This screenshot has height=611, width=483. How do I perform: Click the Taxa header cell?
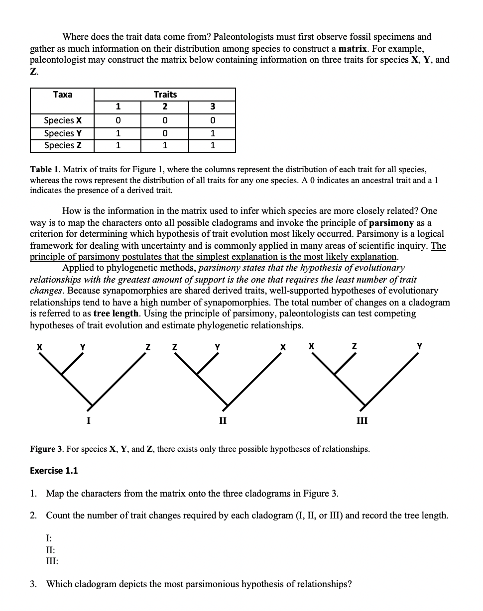pyautogui.click(x=63, y=95)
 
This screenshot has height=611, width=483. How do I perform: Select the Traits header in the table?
pyautogui.click(x=165, y=95)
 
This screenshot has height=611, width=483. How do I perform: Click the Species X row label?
pyautogui.click(x=63, y=120)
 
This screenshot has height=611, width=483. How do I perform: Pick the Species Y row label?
pyautogui.click(x=63, y=133)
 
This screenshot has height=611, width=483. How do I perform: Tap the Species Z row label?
pyautogui.click(x=63, y=145)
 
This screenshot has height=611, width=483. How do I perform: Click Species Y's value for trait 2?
pyautogui.click(x=165, y=133)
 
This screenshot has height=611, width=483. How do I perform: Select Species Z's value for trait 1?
pyautogui.click(x=118, y=145)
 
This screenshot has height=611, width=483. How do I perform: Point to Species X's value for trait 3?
pyautogui.click(x=213, y=120)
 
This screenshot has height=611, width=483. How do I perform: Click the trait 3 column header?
pyautogui.click(x=213, y=107)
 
